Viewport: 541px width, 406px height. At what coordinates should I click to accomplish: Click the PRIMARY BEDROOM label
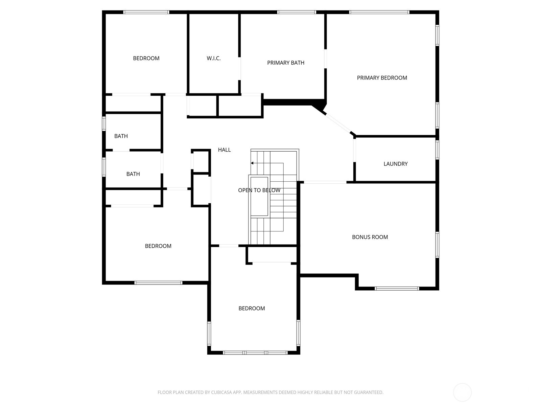(382, 78)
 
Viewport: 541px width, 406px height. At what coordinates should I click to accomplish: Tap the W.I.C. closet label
(213, 59)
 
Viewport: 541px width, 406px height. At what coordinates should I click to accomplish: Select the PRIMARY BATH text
(285, 63)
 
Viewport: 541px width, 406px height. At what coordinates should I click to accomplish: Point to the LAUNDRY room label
(395, 164)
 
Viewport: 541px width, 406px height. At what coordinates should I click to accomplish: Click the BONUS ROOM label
(370, 237)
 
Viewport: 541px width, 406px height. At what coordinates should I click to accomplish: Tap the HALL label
(224, 150)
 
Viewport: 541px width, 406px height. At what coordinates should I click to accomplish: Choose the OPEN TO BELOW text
(259, 190)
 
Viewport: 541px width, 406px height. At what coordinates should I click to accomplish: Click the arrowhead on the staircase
(252, 163)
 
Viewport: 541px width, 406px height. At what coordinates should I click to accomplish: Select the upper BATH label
(121, 136)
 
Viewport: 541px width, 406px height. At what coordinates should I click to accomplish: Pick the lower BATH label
(133, 174)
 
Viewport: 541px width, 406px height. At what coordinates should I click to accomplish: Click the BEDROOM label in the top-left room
(146, 59)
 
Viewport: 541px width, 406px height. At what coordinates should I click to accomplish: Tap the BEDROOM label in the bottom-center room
(252, 309)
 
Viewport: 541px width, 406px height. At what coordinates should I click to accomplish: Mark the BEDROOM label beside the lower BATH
(158, 246)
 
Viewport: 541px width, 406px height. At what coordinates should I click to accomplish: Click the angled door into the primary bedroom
(338, 123)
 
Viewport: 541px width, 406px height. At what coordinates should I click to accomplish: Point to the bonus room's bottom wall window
(397, 289)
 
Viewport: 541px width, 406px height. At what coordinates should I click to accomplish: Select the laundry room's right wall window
(437, 150)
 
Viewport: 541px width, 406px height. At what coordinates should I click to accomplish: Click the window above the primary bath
(297, 12)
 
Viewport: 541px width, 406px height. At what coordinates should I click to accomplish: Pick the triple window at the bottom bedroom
(255, 353)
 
